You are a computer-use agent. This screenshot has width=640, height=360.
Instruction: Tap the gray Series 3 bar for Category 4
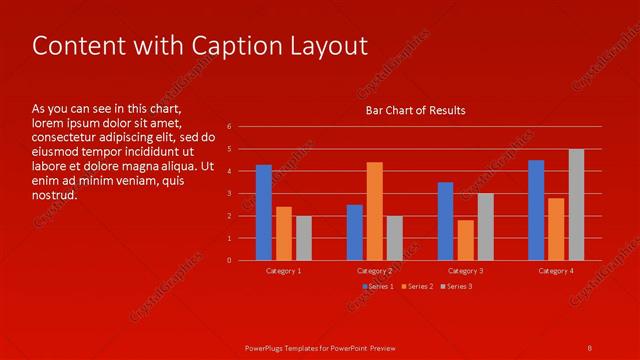coord(576,205)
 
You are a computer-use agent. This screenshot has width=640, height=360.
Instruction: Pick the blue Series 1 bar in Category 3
coord(445,221)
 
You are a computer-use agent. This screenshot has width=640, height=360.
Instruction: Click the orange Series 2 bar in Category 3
coord(465,240)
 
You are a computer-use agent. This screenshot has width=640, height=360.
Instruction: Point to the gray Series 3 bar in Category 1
coord(304,238)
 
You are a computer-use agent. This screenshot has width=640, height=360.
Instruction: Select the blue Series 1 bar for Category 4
coord(536,210)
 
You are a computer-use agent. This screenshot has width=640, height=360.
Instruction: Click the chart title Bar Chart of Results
coord(414,110)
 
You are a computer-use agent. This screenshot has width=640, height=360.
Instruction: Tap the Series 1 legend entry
coord(379,287)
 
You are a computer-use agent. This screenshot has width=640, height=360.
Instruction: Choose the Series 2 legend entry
coord(418,287)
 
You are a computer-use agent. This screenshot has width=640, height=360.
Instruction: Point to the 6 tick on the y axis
coord(230,127)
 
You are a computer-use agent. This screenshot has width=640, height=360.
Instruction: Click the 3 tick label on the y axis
coord(230,194)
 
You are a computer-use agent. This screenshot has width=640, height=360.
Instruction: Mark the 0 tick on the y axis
coord(230,261)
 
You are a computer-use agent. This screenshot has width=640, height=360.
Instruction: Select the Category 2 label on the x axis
coord(374,271)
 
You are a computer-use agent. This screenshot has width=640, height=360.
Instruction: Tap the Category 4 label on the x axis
coord(556,271)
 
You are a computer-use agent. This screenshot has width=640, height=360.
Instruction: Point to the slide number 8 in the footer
coord(590,348)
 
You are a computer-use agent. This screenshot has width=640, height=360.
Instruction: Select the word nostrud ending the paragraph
coord(54,195)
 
